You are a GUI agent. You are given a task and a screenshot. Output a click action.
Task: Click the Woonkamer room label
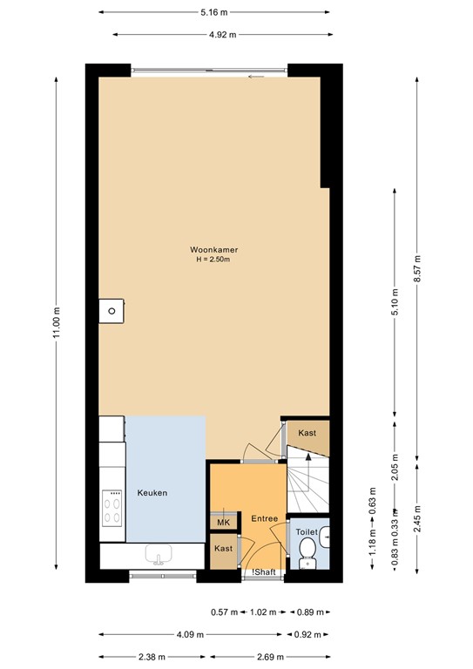coord(214,250)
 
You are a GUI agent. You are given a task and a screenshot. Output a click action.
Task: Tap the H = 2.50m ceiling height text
coord(214,260)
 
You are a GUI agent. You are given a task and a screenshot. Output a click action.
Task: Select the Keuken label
coord(152,493)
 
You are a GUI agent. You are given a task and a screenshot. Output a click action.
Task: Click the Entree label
coord(264,519)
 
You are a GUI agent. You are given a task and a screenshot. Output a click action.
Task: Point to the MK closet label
coord(223,523)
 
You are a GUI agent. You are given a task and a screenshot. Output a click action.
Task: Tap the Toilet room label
coord(307,531)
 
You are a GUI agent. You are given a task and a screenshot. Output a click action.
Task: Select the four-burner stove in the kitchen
coord(113,507)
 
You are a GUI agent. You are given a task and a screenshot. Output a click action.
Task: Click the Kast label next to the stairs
coord(307,433)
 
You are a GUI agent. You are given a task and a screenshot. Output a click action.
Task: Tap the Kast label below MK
coord(224,549)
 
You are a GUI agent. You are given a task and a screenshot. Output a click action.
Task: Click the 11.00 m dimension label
coord(57,323)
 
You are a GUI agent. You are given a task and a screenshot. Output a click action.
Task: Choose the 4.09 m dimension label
coord(191,635)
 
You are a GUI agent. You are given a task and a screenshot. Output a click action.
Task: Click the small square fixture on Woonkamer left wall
coord(111,309)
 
